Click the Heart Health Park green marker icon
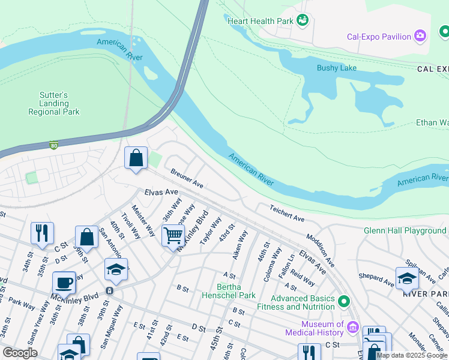click(304, 21)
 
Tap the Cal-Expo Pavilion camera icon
click(421, 37)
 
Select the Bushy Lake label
click(337, 68)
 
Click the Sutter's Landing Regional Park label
click(54, 103)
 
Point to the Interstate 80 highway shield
click(54, 145)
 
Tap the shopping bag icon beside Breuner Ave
click(136, 158)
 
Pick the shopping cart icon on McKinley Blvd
click(173, 235)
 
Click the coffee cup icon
click(64, 283)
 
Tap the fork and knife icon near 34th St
click(42, 233)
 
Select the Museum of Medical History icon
click(352, 328)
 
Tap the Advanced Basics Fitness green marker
click(344, 301)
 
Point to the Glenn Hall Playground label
click(405, 230)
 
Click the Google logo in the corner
click(20, 353)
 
